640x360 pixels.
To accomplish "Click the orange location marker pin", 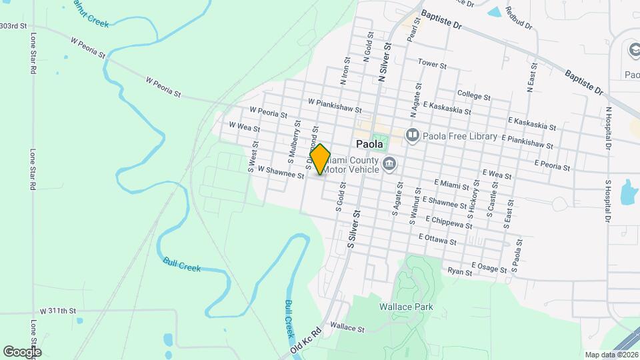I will coord(321,159).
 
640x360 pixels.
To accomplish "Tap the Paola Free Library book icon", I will coord(413,136).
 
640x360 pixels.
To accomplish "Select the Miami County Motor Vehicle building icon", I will coord(389,164).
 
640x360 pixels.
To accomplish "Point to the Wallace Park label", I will coord(407,307).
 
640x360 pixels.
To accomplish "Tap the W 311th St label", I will coord(58,311).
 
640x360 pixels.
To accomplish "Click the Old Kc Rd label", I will coord(306,341).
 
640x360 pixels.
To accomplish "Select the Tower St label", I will coord(431,63).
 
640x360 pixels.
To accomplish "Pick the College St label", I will coord(474,94).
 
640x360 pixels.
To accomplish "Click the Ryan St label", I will coord(460,271).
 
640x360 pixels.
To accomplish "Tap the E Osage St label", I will coord(489,267).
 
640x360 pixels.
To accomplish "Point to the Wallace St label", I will coord(347,328).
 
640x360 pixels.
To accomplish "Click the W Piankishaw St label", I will coord(335,106).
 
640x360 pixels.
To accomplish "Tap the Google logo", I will coord(22,351).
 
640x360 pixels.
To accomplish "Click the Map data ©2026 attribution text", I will coord(611,355).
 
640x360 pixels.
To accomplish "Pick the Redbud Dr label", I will coord(519,18).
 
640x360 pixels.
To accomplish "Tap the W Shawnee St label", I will coord(281,173).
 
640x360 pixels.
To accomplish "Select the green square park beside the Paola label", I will coord(379,143).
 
